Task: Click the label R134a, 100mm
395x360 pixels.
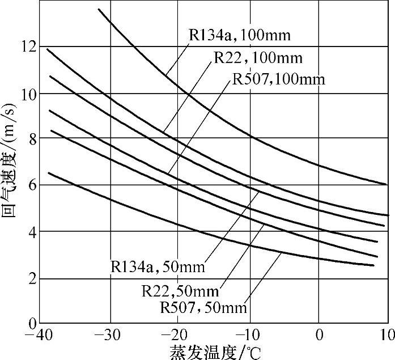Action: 239,36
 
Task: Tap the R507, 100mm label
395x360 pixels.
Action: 279,79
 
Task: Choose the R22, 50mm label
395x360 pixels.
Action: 180,292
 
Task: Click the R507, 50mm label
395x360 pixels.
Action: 204,308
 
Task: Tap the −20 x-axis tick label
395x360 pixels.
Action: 177,334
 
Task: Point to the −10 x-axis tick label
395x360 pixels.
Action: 248,334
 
